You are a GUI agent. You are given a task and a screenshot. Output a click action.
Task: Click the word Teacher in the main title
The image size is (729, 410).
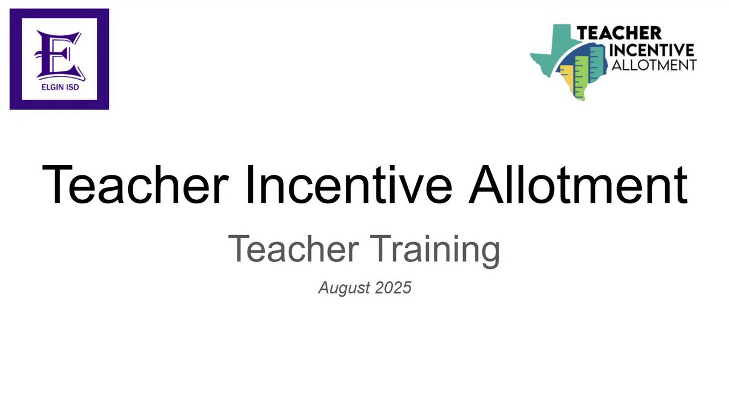tap(136, 184)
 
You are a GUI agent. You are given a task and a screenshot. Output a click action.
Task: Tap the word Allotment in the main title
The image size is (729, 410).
tap(578, 184)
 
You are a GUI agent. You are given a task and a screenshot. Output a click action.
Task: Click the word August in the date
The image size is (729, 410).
tap(345, 288)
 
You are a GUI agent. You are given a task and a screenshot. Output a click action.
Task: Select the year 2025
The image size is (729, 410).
tap(393, 288)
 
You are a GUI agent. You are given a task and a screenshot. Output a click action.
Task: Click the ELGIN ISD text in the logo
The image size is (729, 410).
tap(60, 87)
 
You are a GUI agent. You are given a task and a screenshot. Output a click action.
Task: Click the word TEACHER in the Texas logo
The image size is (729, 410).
tap(619, 33)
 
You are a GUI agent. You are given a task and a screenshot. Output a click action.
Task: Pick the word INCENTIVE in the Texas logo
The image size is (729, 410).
tap(652, 50)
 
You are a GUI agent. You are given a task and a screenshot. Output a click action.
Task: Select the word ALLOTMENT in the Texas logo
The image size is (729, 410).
tap(654, 65)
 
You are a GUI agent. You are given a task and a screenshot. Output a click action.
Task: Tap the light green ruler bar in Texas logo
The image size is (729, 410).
tap(581, 77)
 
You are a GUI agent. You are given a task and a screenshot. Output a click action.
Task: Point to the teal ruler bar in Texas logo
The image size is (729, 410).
tap(596, 64)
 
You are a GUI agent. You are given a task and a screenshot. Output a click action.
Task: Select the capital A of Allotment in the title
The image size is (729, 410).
tap(486, 184)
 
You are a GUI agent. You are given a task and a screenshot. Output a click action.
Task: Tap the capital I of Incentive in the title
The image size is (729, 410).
tap(249, 184)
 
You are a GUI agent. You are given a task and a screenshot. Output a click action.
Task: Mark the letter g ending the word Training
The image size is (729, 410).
tap(490, 255)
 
